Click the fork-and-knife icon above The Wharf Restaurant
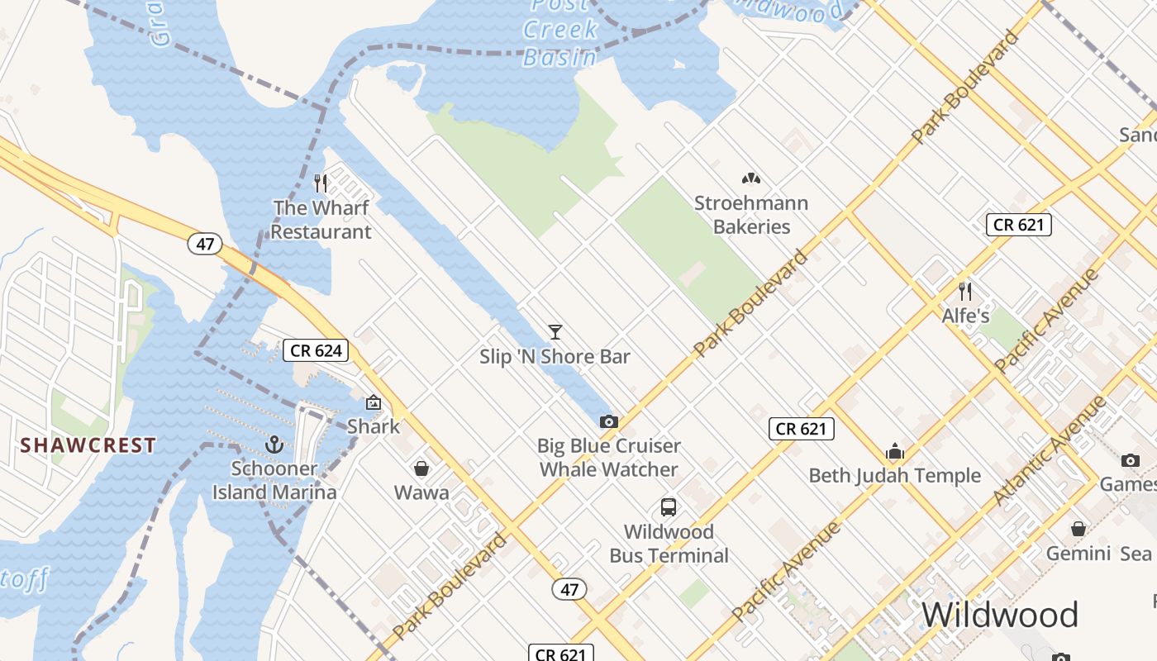[321, 183]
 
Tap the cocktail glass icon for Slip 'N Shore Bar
[555, 332]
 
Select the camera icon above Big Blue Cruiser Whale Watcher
[609, 421]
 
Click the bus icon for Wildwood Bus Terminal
[669, 507]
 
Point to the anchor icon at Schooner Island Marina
[274, 445]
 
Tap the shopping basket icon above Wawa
[421, 468]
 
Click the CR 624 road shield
[317, 350]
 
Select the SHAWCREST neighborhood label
[88, 445]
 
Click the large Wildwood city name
[1000, 616]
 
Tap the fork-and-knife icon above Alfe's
[964, 291]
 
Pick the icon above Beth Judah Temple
[895, 452]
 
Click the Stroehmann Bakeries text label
[751, 215]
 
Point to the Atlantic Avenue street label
[1050, 450]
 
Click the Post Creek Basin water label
[559, 31]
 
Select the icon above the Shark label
[374, 403]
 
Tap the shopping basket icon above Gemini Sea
[1078, 529]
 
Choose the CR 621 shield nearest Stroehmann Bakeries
[1018, 225]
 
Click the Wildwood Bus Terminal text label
[669, 544]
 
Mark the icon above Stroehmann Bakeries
[750, 178]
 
